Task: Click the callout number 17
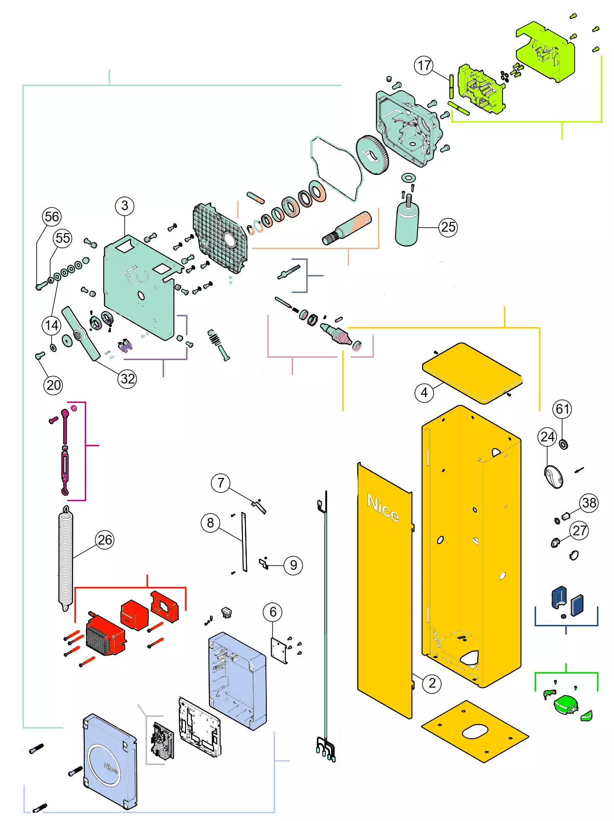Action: pyautogui.click(x=424, y=66)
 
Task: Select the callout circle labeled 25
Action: pyautogui.click(x=448, y=227)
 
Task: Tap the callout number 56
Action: pyautogui.click(x=52, y=217)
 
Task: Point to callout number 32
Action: pyautogui.click(x=128, y=379)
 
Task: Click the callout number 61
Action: pyautogui.click(x=562, y=409)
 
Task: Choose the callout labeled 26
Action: pyautogui.click(x=105, y=540)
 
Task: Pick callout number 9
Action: pyautogui.click(x=293, y=565)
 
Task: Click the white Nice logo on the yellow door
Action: pyautogui.click(x=383, y=508)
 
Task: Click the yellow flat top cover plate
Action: pyautogui.click(x=471, y=372)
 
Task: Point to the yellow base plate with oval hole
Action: pyautogui.click(x=475, y=731)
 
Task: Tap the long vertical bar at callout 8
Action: pyautogui.click(x=244, y=541)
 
